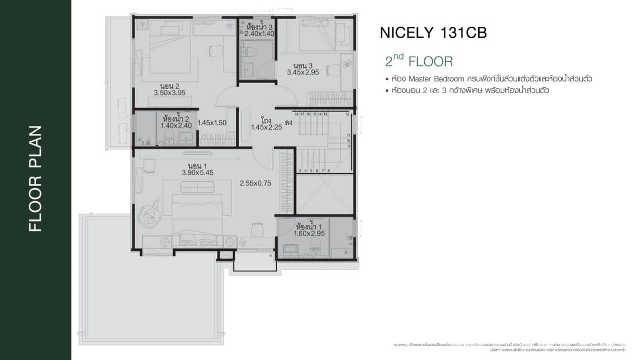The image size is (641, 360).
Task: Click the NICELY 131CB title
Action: point(433,32)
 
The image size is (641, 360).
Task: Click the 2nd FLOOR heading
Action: point(418,61)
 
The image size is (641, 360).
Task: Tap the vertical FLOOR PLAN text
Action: point(35,179)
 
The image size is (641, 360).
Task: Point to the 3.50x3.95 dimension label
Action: point(170,93)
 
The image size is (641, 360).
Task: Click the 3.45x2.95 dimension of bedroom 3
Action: point(303,72)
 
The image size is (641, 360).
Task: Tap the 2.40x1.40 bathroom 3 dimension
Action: point(259,34)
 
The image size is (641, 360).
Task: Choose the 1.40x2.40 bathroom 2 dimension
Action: point(176,126)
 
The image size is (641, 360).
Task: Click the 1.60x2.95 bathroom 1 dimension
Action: point(309,233)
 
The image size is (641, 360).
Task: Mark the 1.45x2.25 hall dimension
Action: point(267,127)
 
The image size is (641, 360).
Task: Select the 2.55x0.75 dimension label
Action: point(255,183)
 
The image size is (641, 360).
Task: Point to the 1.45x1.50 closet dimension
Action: point(212,123)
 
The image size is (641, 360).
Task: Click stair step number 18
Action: point(297,114)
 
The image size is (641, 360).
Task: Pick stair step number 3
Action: point(299,170)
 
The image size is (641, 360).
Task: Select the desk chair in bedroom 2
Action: point(216,51)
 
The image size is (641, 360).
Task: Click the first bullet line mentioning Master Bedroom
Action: point(489,78)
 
